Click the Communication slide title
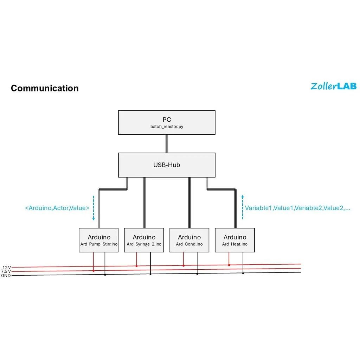[x=45, y=88]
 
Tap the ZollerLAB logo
[x=333, y=86]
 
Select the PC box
[x=167, y=122]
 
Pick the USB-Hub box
[x=167, y=165]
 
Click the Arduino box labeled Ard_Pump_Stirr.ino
[x=99, y=240]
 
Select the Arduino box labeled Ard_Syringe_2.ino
[x=144, y=240]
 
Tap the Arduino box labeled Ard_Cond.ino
[x=189, y=240]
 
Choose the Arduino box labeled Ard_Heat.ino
[x=235, y=240]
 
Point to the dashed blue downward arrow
[x=94, y=208]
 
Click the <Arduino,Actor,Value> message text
[x=57, y=208]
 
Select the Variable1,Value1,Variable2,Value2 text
[x=297, y=208]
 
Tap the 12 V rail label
[x=7, y=268]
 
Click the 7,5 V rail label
[x=6, y=271]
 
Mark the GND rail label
[x=6, y=276]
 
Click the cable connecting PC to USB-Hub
[x=167, y=143]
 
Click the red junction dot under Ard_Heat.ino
[x=229, y=265]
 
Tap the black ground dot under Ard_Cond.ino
[x=197, y=274]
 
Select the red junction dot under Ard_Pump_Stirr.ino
[x=94, y=271]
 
